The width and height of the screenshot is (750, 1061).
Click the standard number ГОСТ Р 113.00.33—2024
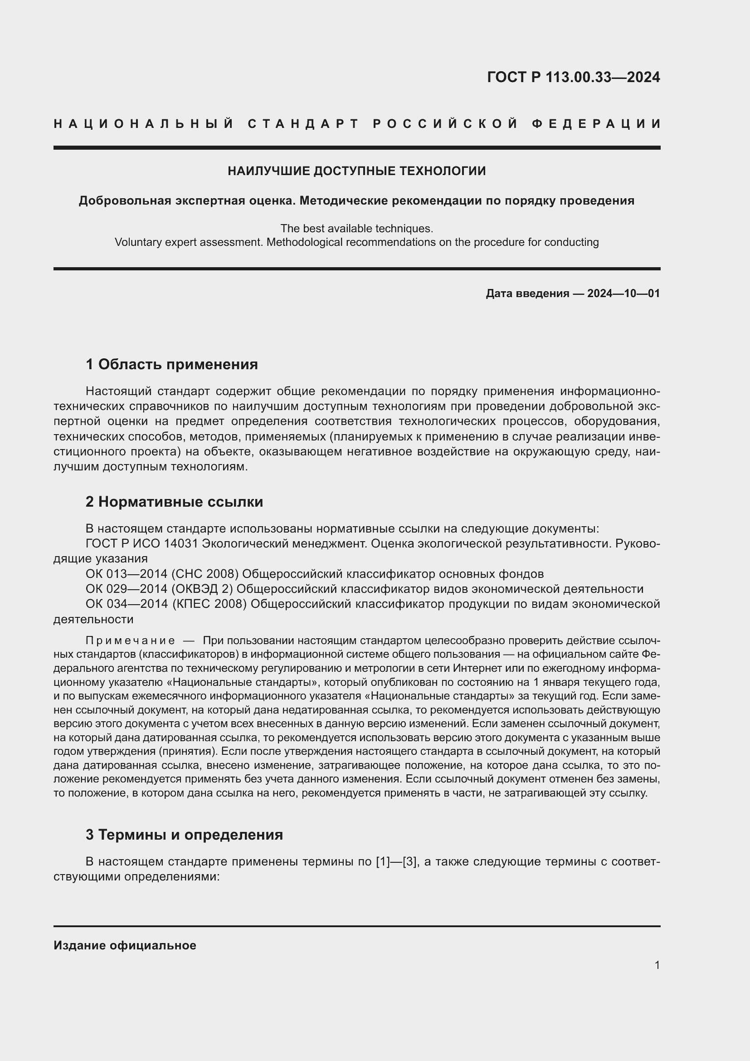coord(573,77)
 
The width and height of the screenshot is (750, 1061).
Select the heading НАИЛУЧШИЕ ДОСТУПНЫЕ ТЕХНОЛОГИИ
coord(356,171)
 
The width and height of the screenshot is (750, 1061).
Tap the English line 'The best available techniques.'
coord(356,228)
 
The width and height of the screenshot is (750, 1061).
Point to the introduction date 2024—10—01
coord(623,293)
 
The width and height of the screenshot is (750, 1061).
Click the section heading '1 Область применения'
coord(172,365)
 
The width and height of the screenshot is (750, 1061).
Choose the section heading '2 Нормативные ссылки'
coord(174,502)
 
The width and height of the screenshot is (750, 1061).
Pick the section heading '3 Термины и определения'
coord(184,835)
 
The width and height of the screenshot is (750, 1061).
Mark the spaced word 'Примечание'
coord(130,641)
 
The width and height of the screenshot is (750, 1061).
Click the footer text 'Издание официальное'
coord(125,945)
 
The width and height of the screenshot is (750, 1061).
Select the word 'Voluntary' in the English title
coord(137,242)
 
